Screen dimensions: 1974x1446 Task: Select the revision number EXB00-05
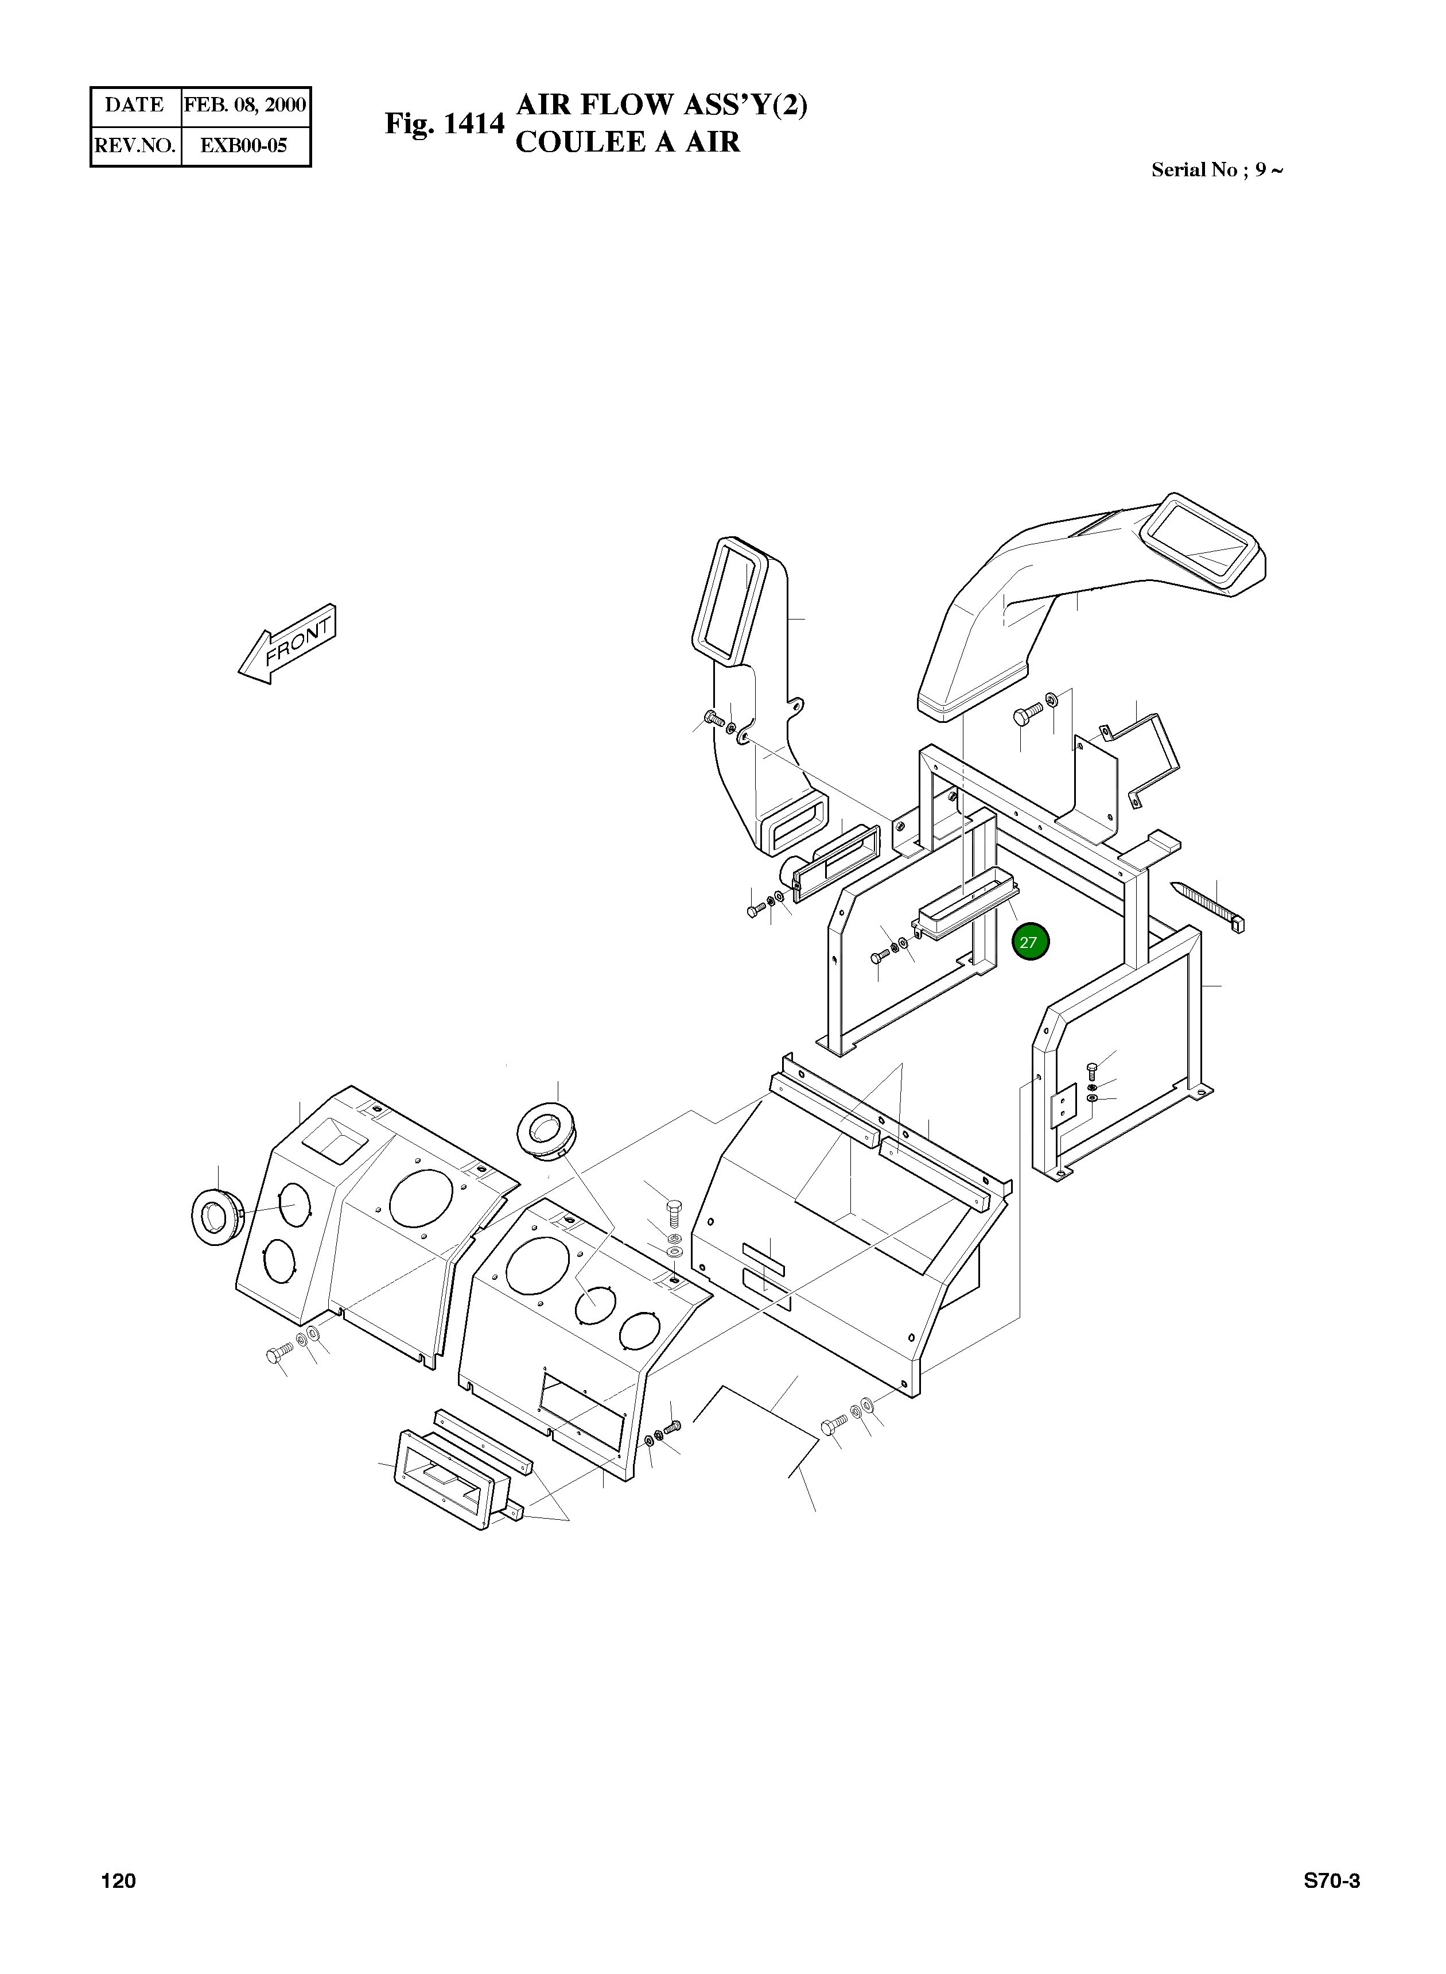(x=244, y=145)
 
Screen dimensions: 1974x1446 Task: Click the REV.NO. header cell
(x=135, y=145)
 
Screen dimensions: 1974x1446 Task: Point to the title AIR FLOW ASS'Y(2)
(x=662, y=105)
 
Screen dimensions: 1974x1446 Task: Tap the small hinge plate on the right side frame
(x=1063, y=1108)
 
